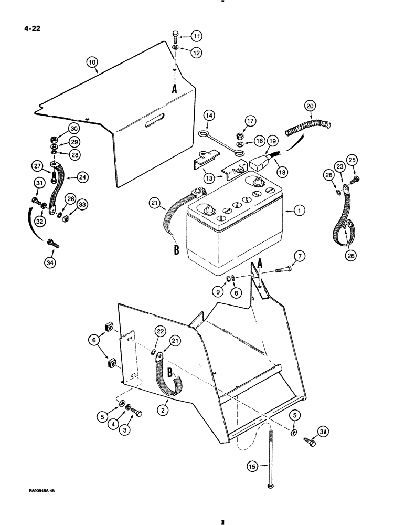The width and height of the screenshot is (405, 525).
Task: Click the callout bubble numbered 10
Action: point(93,62)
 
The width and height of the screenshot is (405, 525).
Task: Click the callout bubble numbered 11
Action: point(196,36)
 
